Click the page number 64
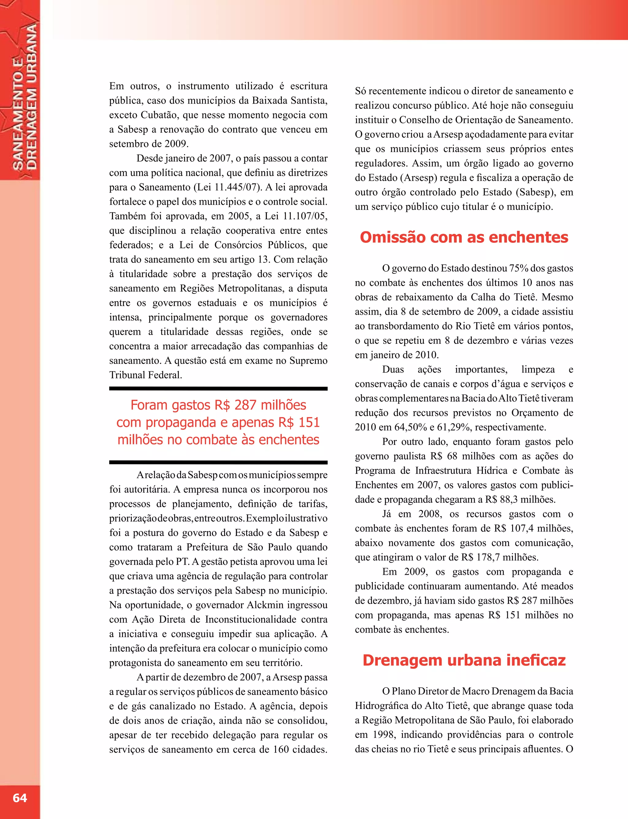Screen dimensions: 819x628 [20, 798]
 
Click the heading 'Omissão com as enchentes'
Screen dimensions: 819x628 [464, 237]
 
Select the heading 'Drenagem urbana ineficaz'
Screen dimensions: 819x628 [464, 660]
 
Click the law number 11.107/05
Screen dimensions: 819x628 [305, 216]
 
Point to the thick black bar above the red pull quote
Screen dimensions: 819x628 [218, 389]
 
